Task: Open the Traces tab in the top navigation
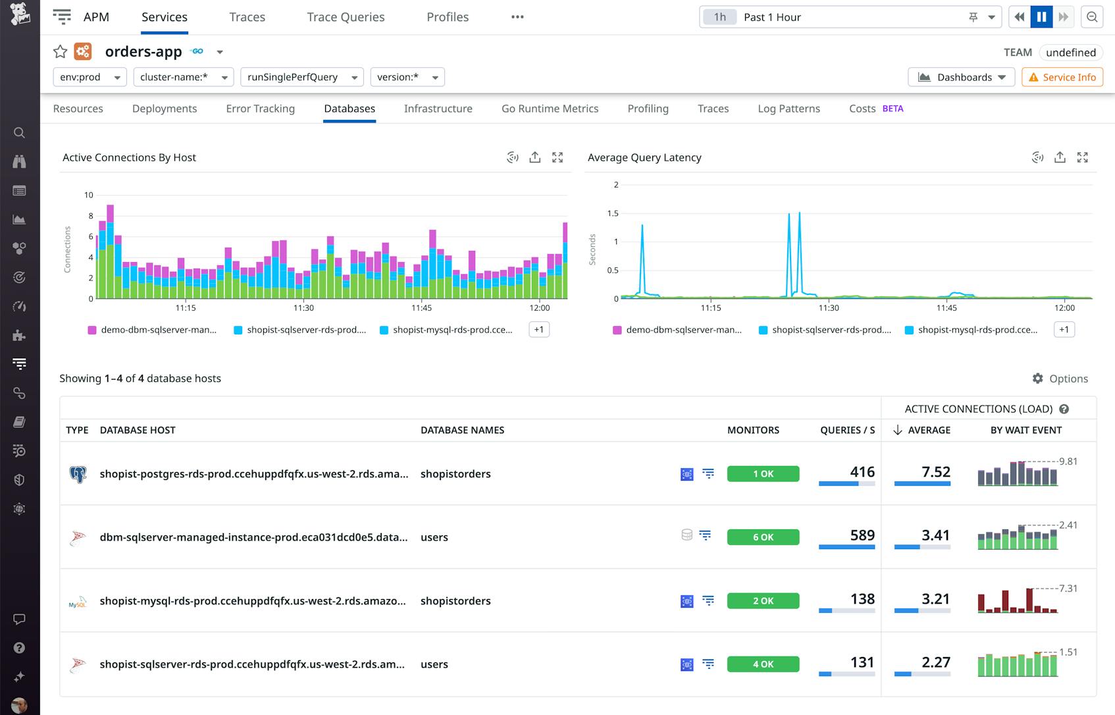pos(247,17)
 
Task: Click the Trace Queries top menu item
pos(346,17)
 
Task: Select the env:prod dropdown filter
pos(90,77)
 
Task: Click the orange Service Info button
pos(1062,77)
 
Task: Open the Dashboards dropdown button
pos(961,77)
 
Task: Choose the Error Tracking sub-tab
pos(260,109)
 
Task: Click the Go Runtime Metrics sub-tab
pos(550,109)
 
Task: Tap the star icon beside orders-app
pos(60,51)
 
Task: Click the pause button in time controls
pos(1041,17)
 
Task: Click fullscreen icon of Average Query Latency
pos(1082,157)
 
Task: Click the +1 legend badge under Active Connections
pos(538,329)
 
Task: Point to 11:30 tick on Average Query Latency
pos(829,307)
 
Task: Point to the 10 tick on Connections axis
pos(89,195)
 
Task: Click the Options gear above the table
pos(1060,379)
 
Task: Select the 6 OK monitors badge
pos(763,537)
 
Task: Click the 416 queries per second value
pos(862,472)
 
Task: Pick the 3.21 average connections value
pos(935,599)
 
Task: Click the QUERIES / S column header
pos(847,430)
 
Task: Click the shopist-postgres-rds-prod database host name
pos(253,474)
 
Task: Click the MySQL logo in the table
pos(78,602)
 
